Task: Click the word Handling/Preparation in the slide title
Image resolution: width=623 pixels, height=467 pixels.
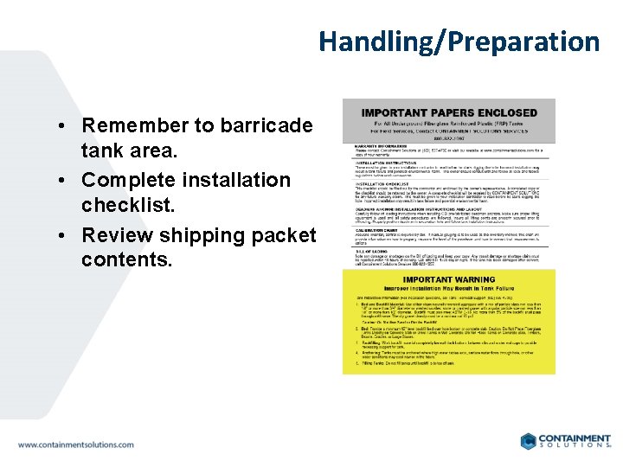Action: pos(459,42)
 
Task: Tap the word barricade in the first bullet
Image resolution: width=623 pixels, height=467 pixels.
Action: pos(267,125)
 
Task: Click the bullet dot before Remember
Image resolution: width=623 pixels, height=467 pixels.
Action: pos(67,125)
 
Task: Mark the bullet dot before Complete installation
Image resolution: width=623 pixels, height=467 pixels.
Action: pos(67,180)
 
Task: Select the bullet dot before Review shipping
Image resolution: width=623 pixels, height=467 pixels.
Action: pos(67,235)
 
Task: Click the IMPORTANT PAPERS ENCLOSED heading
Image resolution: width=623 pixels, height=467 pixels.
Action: pos(448,112)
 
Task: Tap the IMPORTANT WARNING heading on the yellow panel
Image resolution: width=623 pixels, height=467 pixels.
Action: pos(448,279)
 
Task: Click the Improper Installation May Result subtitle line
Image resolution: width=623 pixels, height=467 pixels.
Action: pos(448,290)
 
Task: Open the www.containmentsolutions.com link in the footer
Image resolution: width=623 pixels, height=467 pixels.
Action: pos(76,445)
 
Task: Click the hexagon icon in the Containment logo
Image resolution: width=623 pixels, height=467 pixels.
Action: pos(529,441)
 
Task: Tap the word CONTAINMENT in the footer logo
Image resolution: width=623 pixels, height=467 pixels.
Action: pos(576,438)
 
